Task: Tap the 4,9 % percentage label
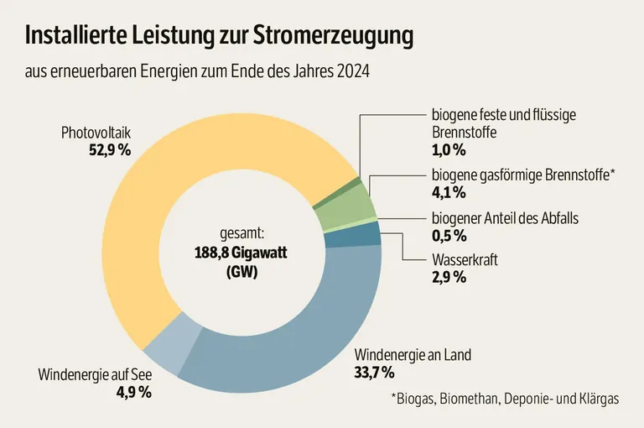tap(132, 391)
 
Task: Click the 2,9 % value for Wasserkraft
tap(449, 277)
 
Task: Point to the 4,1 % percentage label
tap(449, 193)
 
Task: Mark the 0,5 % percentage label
tap(449, 236)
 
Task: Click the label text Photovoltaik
tap(96, 133)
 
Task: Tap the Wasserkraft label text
tap(465, 259)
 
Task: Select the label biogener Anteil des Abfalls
tap(505, 218)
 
